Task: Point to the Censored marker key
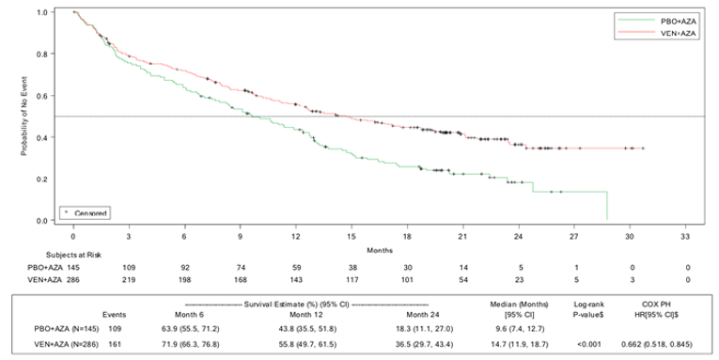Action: (88, 212)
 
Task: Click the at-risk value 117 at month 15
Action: (352, 281)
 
